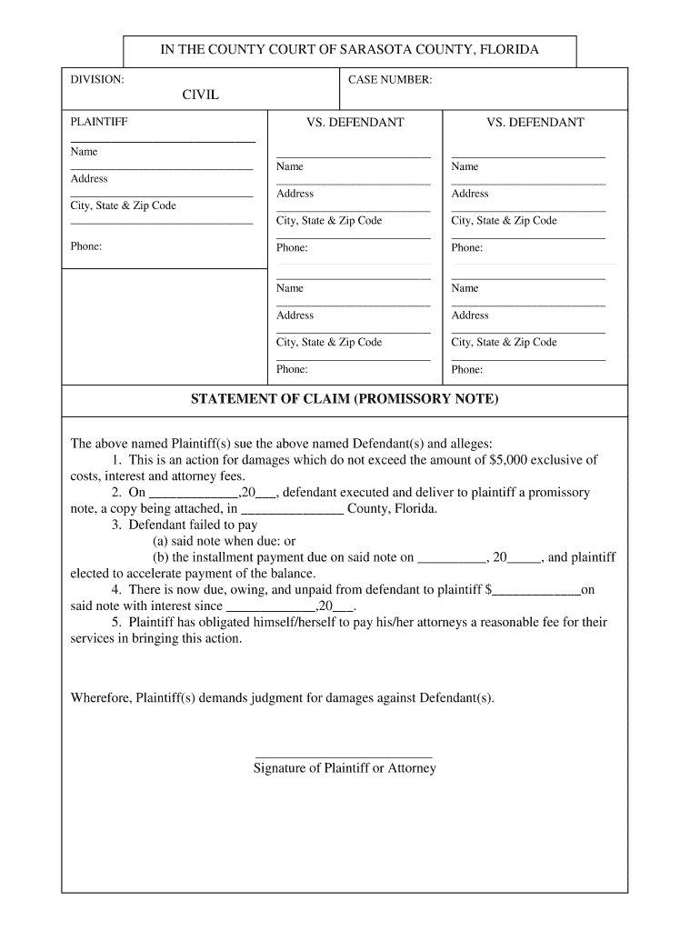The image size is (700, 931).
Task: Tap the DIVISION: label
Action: (x=97, y=80)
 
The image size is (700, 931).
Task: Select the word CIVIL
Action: (x=200, y=95)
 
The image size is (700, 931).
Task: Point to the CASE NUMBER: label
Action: (x=390, y=80)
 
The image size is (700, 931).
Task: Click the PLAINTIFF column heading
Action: (x=99, y=122)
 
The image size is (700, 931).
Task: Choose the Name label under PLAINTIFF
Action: (x=84, y=152)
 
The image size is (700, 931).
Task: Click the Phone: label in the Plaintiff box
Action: (x=85, y=246)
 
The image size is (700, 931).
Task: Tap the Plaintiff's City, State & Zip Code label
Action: (x=123, y=205)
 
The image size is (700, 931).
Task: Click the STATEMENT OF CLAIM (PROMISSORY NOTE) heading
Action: (x=345, y=400)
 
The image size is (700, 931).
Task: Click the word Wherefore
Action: (x=101, y=697)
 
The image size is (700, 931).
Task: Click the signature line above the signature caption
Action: (x=344, y=756)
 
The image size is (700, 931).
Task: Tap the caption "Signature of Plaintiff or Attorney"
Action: (x=344, y=768)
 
